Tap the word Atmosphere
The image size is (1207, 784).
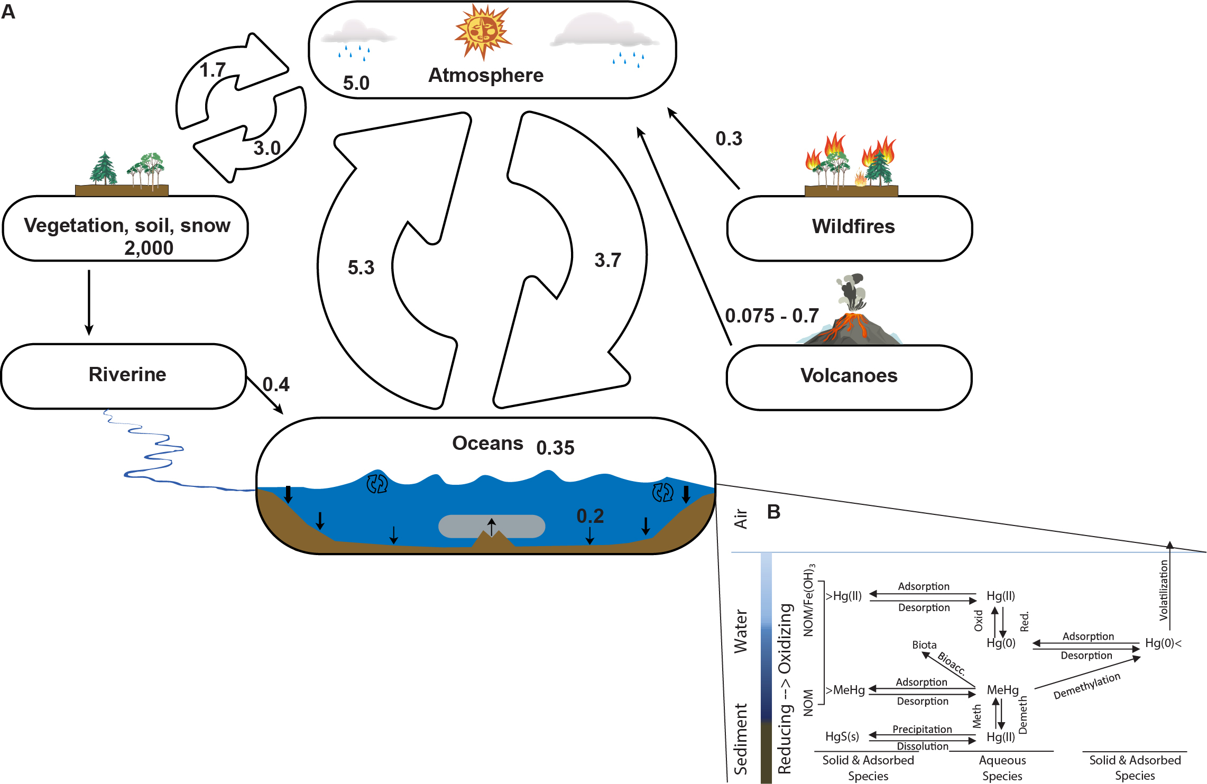[485, 75]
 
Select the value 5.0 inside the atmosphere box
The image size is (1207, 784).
[356, 83]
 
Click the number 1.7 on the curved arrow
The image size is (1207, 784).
[213, 70]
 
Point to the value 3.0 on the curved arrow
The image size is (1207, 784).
[267, 148]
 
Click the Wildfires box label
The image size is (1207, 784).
[853, 226]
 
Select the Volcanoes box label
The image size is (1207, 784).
[849, 375]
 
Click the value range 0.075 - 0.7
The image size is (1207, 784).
[771, 316]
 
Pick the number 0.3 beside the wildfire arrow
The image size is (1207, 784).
[729, 139]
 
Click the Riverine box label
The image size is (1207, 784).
[127, 374]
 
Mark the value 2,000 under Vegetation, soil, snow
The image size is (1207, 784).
[149, 248]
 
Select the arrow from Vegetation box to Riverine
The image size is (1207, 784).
[89, 301]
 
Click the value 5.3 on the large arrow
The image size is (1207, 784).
[361, 268]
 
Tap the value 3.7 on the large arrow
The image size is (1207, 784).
[607, 260]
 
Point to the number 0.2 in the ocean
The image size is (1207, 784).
[590, 516]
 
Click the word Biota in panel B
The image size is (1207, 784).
[924, 645]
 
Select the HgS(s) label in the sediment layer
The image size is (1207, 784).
[842, 736]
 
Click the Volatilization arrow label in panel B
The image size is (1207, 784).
[1164, 590]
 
